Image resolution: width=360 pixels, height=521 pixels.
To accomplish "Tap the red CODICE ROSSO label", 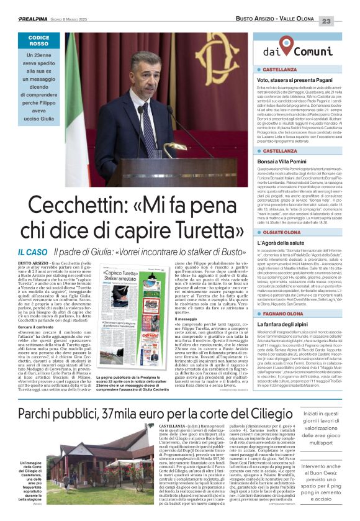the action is tap(38, 41).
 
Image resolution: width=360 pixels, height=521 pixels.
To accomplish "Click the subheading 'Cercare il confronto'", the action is tap(35, 325).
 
